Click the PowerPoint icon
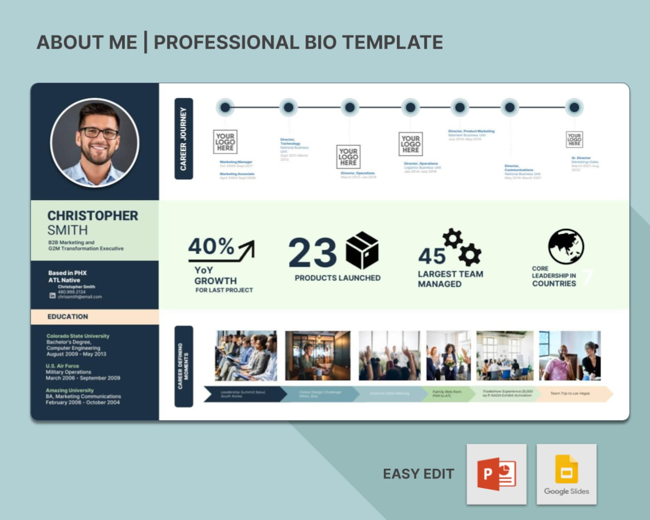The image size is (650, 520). (x=497, y=474)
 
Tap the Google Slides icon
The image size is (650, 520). (x=566, y=474)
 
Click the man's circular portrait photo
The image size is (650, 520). (x=95, y=142)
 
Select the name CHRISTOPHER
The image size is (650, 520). (x=93, y=216)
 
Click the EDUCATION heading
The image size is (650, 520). (x=68, y=317)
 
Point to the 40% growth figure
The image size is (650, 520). (x=211, y=246)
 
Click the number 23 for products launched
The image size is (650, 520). (x=312, y=253)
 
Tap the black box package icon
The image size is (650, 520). (x=362, y=250)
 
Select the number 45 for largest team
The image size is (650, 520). (x=431, y=256)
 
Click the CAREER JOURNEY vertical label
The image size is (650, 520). (x=183, y=138)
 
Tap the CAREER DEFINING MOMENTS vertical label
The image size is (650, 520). (x=183, y=366)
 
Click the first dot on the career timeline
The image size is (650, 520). (x=225, y=107)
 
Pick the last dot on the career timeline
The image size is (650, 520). (x=574, y=107)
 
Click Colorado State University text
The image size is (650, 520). (x=78, y=336)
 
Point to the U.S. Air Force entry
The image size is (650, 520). (x=62, y=366)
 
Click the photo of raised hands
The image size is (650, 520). (x=389, y=355)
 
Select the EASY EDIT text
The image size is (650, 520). (x=418, y=474)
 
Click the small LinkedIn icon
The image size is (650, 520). (x=52, y=295)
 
